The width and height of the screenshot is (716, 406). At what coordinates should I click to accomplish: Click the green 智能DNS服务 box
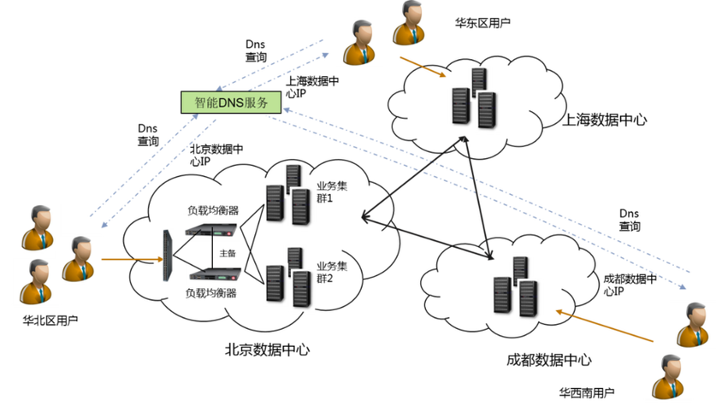(231, 103)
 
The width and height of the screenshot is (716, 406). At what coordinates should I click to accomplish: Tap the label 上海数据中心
(604, 120)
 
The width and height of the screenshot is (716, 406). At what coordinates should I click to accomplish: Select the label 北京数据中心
(267, 350)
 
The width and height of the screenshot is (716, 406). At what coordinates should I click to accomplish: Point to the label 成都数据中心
(549, 360)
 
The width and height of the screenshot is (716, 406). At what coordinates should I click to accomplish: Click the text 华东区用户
(482, 23)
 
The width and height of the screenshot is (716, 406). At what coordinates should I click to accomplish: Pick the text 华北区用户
(50, 321)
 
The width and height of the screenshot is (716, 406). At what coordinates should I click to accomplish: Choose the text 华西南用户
(587, 392)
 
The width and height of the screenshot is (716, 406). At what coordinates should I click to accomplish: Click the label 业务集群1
(332, 192)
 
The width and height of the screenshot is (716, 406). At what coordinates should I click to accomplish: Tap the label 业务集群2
(332, 273)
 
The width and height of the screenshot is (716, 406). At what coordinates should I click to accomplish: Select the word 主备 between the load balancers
(228, 253)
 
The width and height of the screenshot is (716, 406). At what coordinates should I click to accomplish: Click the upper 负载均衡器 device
(211, 229)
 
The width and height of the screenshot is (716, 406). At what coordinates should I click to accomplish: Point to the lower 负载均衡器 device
(215, 274)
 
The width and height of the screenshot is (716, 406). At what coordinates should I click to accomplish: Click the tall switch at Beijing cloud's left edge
(168, 256)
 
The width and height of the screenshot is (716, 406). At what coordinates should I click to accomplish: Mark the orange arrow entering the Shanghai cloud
(423, 67)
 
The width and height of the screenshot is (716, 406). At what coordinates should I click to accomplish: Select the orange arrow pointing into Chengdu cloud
(604, 327)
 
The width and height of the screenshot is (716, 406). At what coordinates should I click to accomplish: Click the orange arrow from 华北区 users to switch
(132, 260)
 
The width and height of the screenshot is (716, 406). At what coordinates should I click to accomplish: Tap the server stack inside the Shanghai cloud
(474, 98)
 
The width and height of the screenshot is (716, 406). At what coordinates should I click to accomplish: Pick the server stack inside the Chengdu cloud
(516, 287)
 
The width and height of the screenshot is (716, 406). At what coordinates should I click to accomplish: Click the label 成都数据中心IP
(630, 285)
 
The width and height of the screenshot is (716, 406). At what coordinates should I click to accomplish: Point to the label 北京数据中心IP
(216, 155)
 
